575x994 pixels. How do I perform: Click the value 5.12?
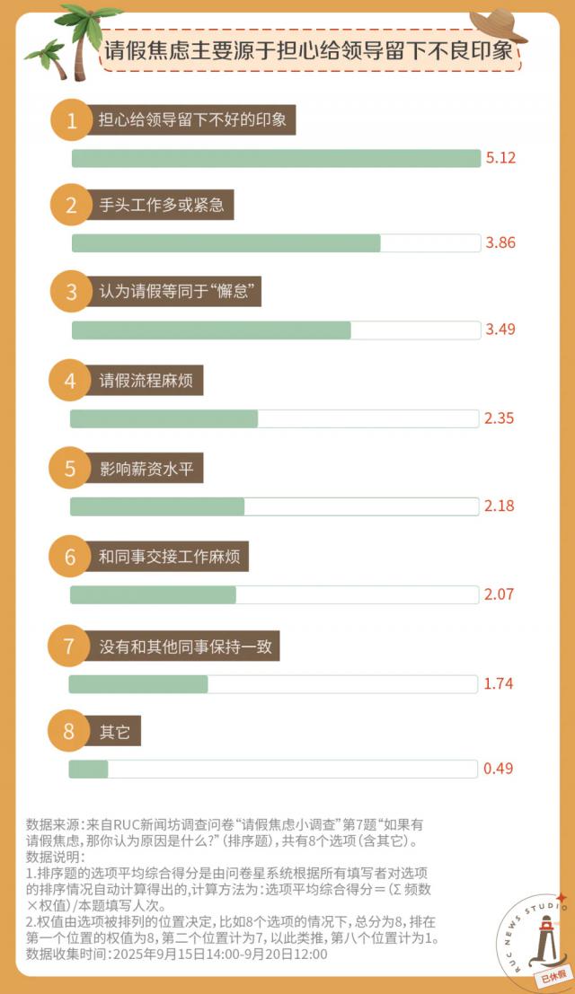point(500,158)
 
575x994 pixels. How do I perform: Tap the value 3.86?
point(500,243)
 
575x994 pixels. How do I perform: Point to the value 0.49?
point(499,769)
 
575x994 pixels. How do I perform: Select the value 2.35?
point(499,418)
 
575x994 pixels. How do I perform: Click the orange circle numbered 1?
point(73,120)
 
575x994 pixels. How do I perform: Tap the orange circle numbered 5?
point(71,469)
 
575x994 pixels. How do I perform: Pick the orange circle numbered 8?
point(69,732)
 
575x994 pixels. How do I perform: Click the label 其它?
point(115,732)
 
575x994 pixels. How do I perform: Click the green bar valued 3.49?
point(211,330)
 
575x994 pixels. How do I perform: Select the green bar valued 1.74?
point(138,684)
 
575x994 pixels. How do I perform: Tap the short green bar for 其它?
point(88,770)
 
